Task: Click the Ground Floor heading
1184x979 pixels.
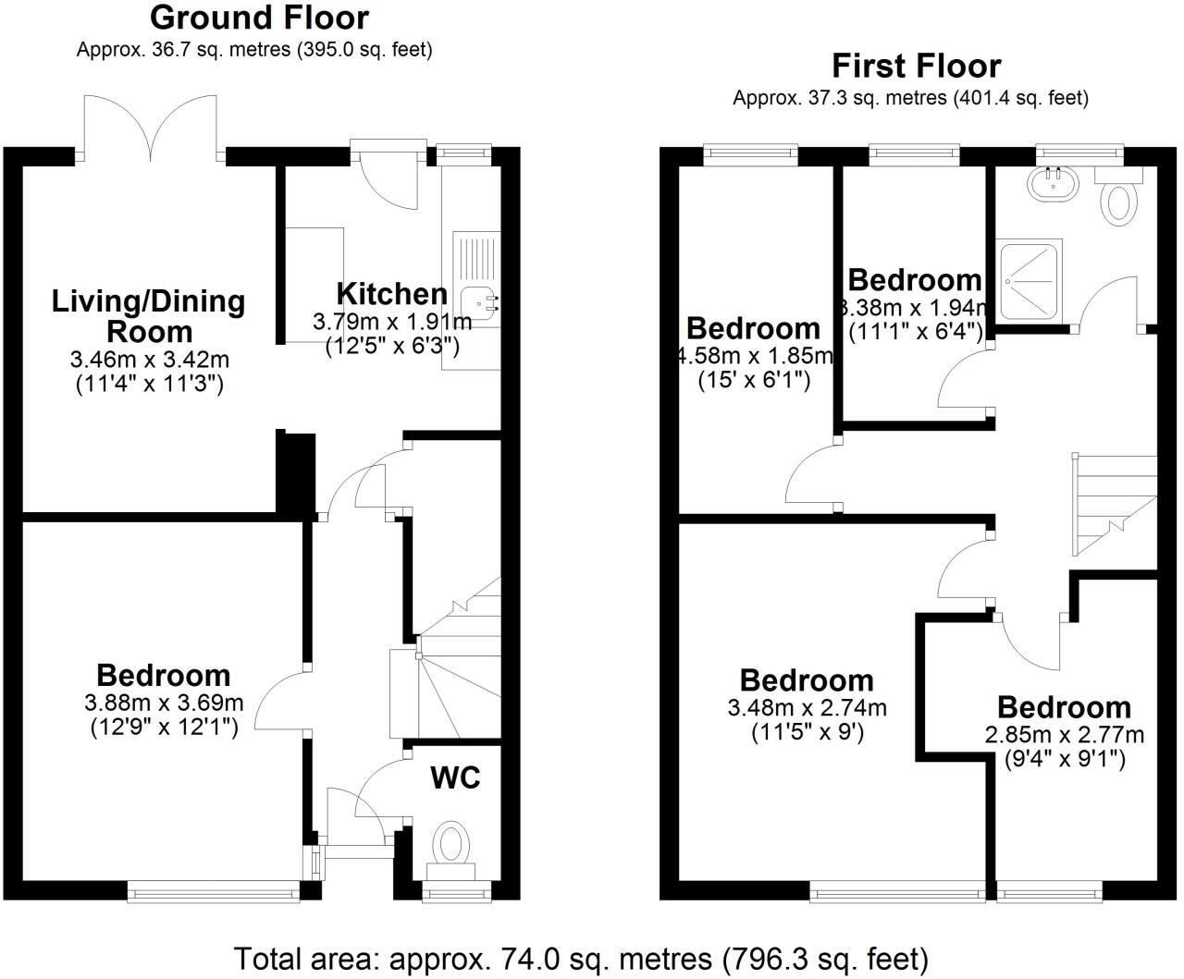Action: [259, 18]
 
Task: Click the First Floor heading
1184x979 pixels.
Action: [916, 66]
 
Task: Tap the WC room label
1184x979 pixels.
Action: [455, 777]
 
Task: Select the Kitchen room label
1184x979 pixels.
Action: [392, 294]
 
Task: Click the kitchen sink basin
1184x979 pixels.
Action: [479, 300]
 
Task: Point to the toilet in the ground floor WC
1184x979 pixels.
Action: [450, 844]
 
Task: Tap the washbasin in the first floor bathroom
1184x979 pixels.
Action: [1052, 184]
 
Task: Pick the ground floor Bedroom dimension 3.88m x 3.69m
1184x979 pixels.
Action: [164, 704]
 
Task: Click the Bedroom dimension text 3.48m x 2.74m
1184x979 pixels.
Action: [807, 708]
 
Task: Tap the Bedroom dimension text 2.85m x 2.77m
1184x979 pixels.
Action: [1064, 735]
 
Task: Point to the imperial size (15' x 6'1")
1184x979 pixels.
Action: [754, 379]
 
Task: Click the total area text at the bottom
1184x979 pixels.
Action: [581, 958]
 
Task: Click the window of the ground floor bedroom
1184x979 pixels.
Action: [214, 890]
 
